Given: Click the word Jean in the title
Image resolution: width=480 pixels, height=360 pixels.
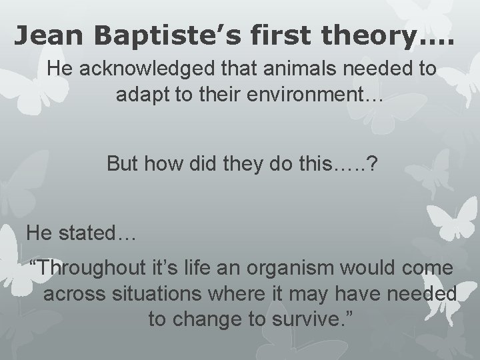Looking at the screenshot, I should [x=49, y=33].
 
